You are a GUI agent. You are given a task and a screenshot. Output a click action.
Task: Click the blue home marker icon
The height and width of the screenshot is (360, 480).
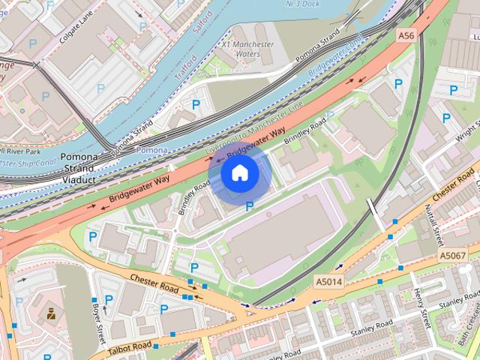pyautogui.click(x=239, y=173)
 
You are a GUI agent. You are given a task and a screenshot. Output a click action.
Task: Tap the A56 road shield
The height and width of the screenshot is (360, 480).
pyautogui.click(x=406, y=35)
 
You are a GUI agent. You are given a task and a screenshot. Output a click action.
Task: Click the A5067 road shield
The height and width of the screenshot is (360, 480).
pyautogui.click(x=453, y=256)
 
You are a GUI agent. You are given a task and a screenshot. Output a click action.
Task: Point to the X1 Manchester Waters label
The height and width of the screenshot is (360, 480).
pyautogui.click(x=247, y=49)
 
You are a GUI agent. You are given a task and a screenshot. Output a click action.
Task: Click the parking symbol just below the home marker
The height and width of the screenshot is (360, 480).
pyautogui.click(x=250, y=205)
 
